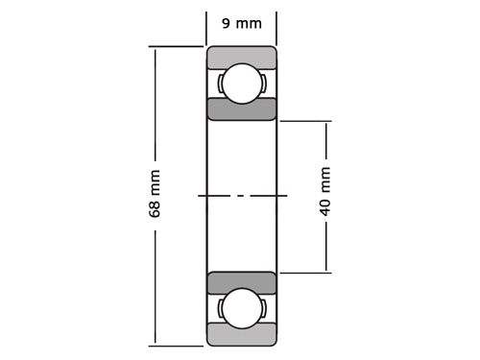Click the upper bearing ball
point(242,84)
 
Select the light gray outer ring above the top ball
point(242,56)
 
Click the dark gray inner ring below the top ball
point(242,108)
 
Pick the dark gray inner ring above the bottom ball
point(242,282)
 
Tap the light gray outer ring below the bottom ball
point(242,335)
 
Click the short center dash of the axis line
point(242,196)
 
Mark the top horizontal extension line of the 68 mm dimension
point(178,46)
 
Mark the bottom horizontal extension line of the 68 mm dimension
point(178,345)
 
